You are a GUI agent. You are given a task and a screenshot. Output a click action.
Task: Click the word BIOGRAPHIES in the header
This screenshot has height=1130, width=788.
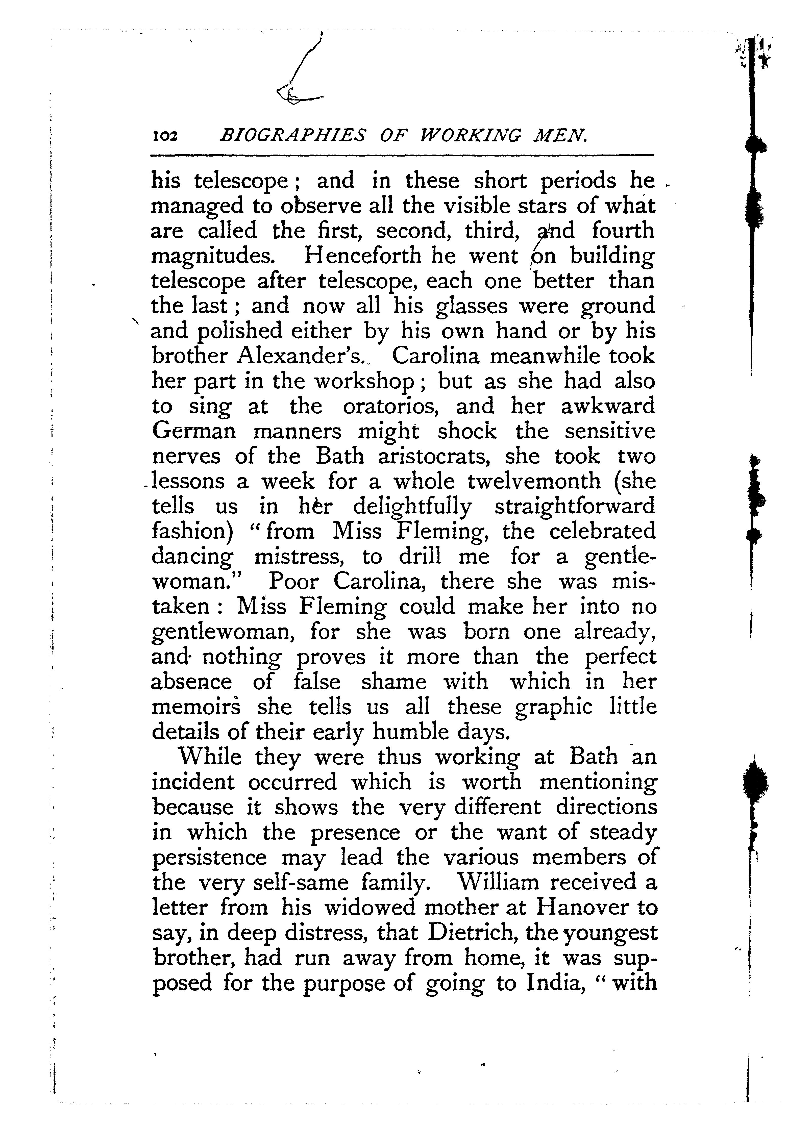pyautogui.click(x=293, y=135)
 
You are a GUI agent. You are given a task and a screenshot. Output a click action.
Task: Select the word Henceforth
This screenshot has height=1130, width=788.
pyautogui.click(x=363, y=256)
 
